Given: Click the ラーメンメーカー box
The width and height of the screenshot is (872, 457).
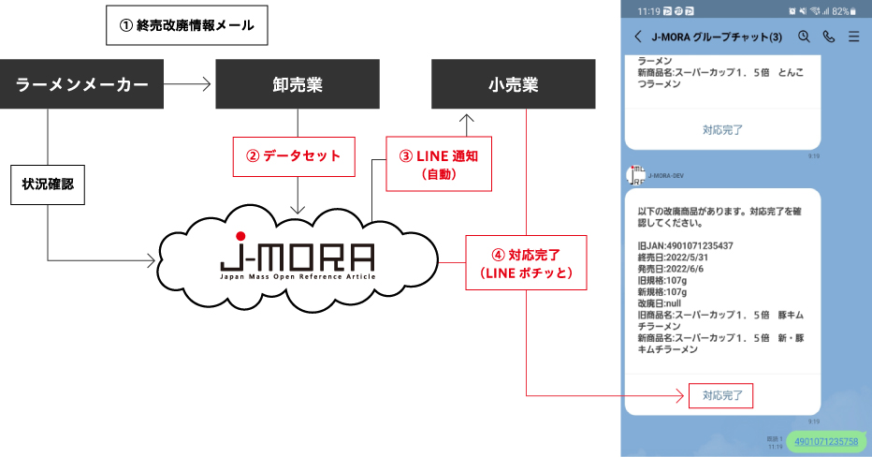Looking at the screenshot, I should point(81,84).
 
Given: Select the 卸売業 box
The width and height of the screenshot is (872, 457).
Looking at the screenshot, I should point(298,84).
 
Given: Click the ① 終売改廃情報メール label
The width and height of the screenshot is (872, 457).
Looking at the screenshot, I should point(186,26).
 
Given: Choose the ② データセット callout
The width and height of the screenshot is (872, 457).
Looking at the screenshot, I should point(294,156).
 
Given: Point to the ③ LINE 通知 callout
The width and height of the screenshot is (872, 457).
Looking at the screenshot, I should point(439,163).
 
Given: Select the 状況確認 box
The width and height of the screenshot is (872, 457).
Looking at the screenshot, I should point(47,184).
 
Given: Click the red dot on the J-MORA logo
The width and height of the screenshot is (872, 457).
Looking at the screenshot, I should point(240,235).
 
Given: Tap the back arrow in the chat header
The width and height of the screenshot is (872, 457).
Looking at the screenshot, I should point(638,37).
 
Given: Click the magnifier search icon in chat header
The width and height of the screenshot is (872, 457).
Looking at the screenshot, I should point(803,37).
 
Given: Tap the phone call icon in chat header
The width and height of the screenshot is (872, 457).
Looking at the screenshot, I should point(828,37).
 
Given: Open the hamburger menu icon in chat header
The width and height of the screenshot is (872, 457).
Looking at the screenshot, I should point(853,37).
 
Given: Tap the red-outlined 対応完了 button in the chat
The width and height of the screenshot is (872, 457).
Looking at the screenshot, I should point(722,395).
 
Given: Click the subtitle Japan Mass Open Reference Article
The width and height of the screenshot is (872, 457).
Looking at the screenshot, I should point(297,277).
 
